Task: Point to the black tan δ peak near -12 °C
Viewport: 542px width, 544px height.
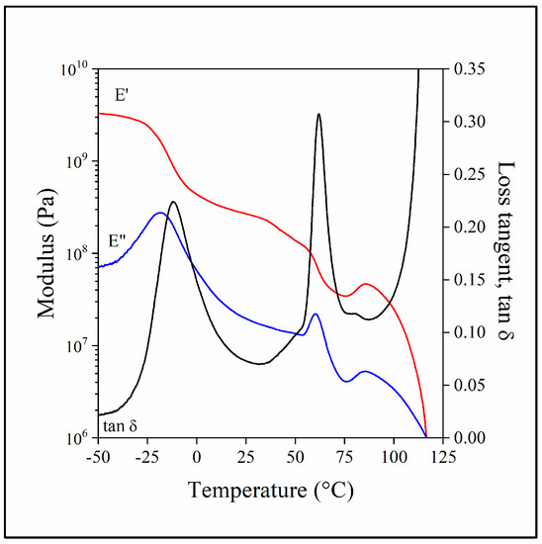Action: [x=173, y=202]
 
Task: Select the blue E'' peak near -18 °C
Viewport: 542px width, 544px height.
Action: [x=160, y=213]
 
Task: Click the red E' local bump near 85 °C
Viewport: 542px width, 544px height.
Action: [x=366, y=284]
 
